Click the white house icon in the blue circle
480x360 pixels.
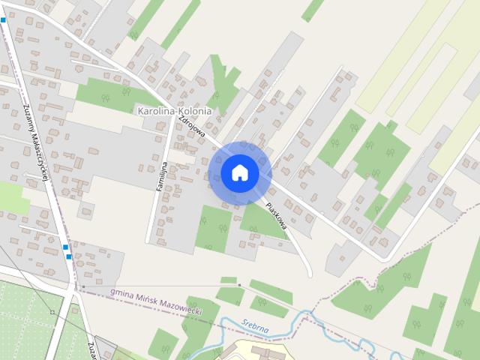pyautogui.click(x=240, y=172)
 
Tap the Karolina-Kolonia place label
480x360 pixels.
pyautogui.click(x=174, y=111)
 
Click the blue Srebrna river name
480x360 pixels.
pyautogui.click(x=255, y=325)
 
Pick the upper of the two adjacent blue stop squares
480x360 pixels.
pyautogui.click(x=66, y=247)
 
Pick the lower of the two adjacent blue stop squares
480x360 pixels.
pyautogui.click(x=69, y=256)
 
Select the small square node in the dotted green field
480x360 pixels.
pyautogui.click(x=52, y=311)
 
